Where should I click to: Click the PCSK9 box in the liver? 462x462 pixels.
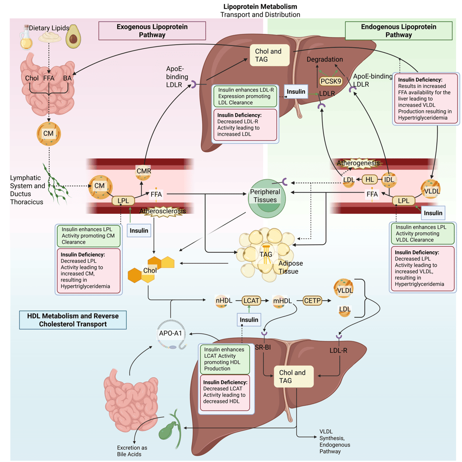pos(331,81)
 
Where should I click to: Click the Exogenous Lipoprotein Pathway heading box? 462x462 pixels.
pos(152,31)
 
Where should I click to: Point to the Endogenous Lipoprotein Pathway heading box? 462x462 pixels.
pos(398,31)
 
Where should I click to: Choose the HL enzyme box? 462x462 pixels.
pos(370,180)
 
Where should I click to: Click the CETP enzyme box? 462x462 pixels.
pos(312,300)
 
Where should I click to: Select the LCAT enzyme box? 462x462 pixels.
pos(251,300)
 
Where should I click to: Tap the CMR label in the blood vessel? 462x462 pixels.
pos(143,171)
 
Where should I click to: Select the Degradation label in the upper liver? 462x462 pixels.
pos(325,60)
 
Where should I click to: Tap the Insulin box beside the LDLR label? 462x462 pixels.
pos(296,92)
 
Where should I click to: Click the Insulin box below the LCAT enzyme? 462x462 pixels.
pos(249,319)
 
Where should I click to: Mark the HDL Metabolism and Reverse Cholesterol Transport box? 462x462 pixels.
pos(73,319)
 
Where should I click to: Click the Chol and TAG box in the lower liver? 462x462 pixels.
pos(293,376)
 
